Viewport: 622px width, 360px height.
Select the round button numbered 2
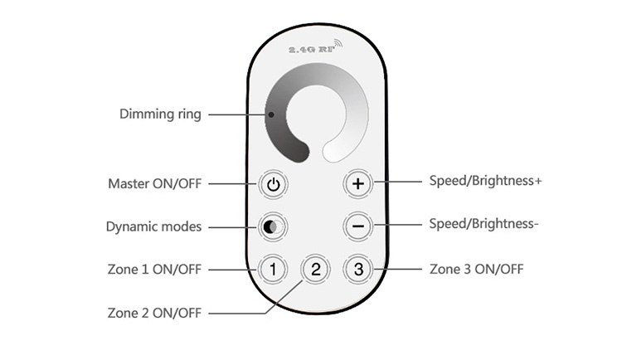315,269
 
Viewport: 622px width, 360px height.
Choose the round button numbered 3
357,269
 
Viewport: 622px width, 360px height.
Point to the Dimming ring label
161,114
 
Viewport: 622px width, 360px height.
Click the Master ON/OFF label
154,183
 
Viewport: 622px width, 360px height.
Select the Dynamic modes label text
153,226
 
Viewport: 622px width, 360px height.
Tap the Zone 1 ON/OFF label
154,270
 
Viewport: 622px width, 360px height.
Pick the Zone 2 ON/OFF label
154,313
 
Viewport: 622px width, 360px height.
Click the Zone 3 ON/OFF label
477,270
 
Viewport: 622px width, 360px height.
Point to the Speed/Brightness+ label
485,180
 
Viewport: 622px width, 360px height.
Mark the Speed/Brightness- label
484,223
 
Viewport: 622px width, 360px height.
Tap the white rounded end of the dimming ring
335,152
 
